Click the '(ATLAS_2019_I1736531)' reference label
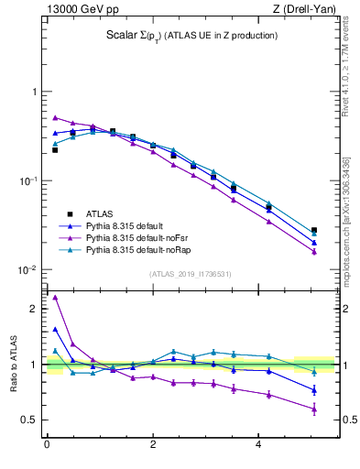(191, 274)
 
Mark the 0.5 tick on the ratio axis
(30, 420)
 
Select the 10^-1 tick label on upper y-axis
(28, 181)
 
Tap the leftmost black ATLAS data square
(55, 149)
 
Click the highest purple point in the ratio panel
(55, 297)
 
